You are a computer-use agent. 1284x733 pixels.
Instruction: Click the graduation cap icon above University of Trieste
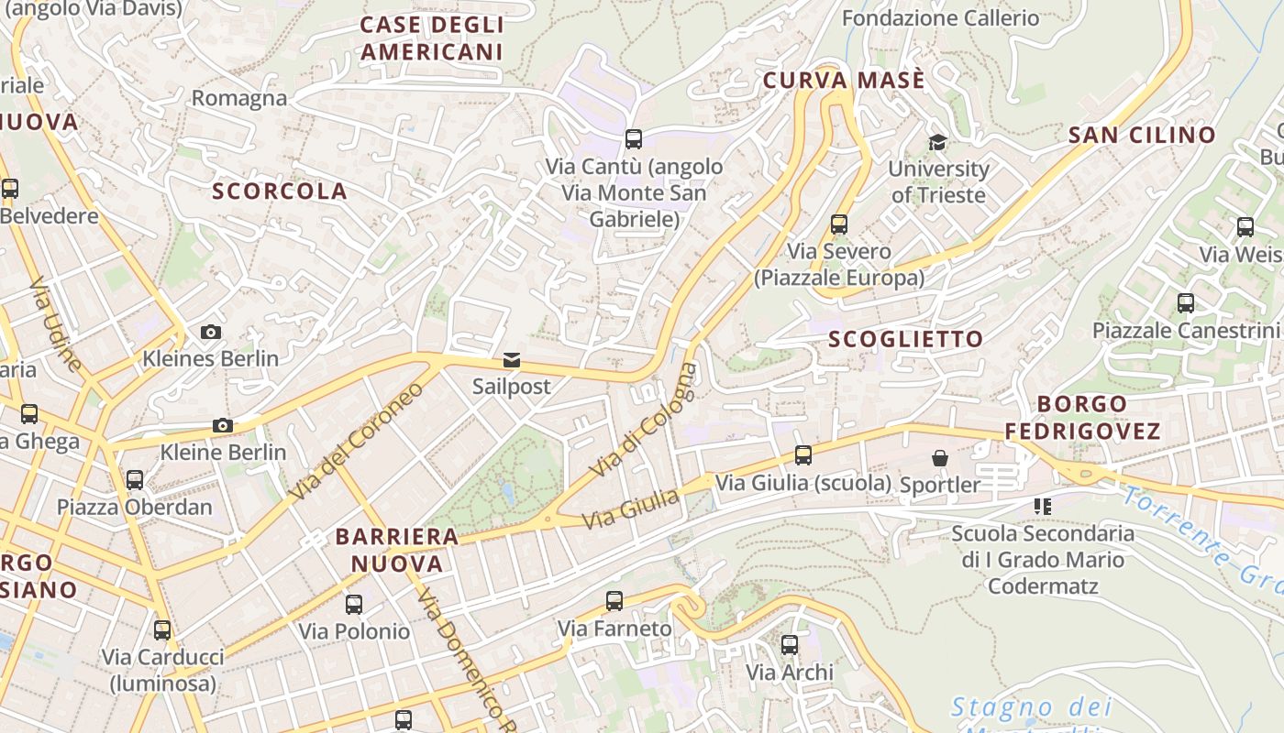point(937,142)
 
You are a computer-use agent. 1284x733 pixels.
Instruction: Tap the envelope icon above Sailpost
point(511,360)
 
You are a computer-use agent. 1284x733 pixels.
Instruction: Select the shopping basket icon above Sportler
point(940,457)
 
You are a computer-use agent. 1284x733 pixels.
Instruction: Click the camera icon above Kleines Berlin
point(211,332)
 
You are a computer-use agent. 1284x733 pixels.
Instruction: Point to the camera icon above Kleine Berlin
point(222,425)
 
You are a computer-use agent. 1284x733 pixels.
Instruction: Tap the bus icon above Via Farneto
point(614,601)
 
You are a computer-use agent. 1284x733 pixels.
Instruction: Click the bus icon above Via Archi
point(790,645)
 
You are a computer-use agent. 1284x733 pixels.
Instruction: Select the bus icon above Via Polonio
point(354,605)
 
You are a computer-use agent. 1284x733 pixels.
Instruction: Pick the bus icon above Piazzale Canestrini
point(1186,303)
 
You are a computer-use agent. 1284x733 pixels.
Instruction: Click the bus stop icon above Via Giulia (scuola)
point(803,454)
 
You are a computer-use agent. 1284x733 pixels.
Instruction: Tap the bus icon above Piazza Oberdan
point(135,479)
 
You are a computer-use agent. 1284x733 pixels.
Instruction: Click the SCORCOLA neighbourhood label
point(280,191)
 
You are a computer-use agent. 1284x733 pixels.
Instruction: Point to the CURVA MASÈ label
point(844,81)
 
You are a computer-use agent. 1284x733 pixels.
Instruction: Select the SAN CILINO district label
point(1142,136)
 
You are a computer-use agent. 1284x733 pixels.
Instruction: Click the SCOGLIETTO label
point(905,339)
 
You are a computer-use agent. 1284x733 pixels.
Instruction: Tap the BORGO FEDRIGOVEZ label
point(1082,417)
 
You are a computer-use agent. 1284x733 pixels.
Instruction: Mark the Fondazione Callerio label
point(940,18)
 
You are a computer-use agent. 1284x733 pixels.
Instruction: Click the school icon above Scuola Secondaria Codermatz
point(1042,506)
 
